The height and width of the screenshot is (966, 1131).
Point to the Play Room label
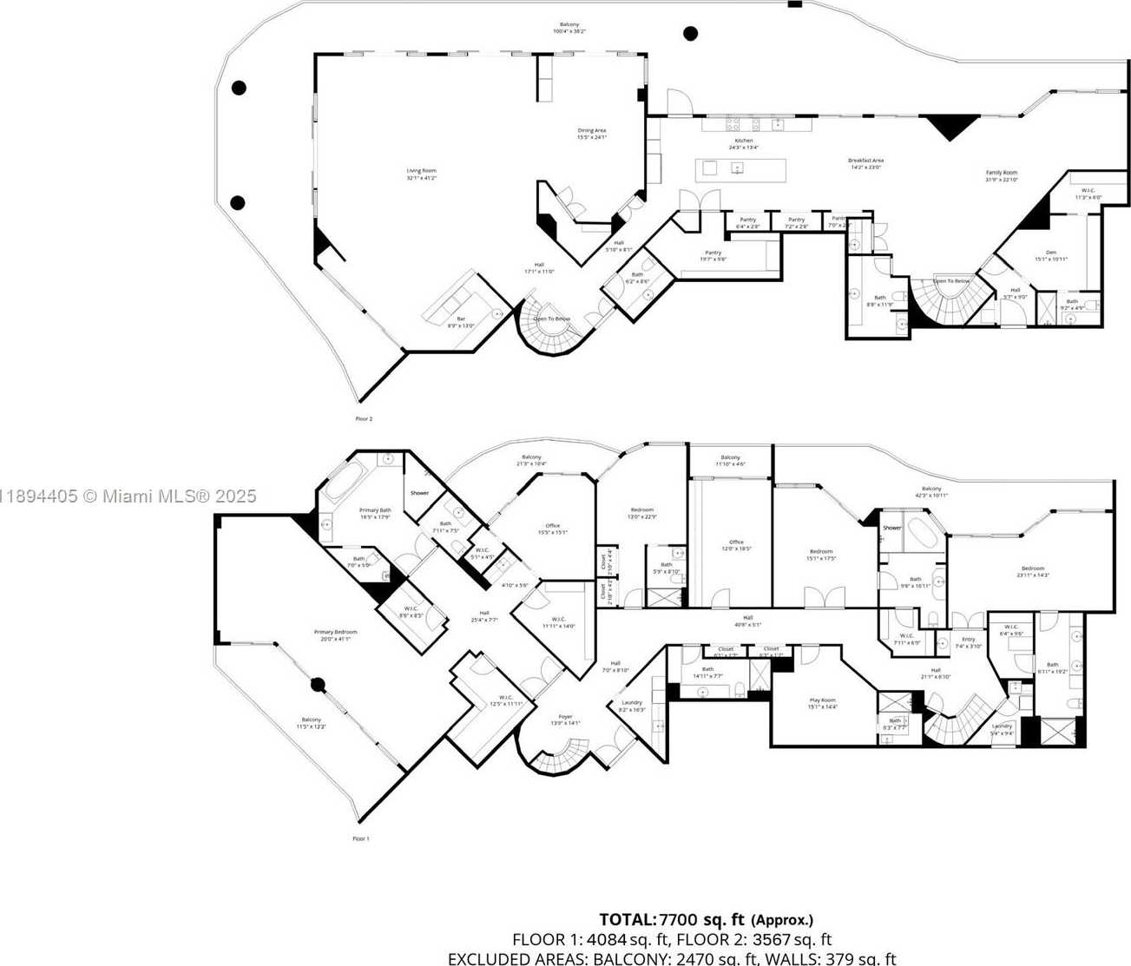pyautogui.click(x=822, y=703)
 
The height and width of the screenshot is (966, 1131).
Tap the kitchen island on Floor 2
pyautogui.click(x=740, y=169)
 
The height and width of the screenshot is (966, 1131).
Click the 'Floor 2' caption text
pyautogui.click(x=363, y=418)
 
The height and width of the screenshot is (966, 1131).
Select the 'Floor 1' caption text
pyautogui.click(x=360, y=838)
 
